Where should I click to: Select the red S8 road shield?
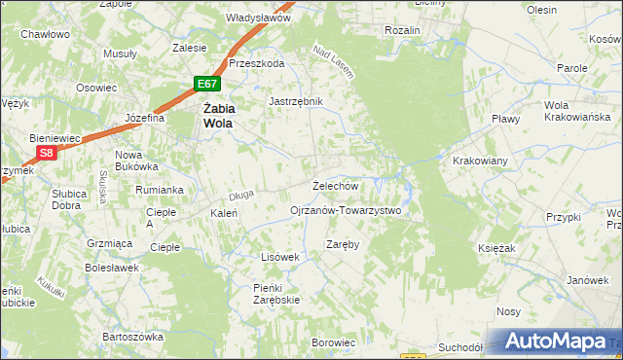click(47, 153)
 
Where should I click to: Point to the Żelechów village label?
click(336, 185)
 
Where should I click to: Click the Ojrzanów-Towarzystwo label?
click(346, 210)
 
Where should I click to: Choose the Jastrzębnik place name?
click(295, 100)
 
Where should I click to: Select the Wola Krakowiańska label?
click(569, 112)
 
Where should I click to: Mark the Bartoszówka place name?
click(131, 336)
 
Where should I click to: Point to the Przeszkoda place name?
click(257, 62)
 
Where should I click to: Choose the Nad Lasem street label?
click(333, 60)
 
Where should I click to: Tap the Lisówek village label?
click(278, 257)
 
